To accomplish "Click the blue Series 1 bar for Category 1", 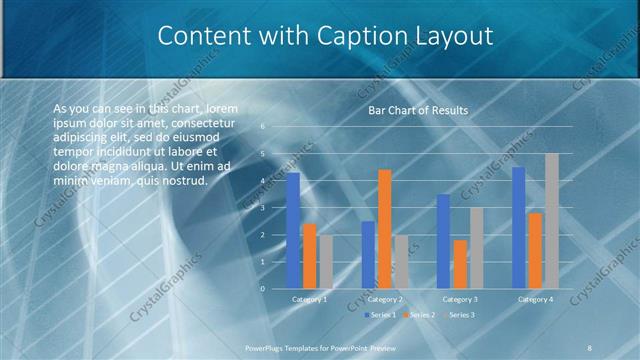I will pos(293,230).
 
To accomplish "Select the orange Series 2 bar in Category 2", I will pos(384,229).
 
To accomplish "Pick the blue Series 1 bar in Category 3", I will pos(443,241).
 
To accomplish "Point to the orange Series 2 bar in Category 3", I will pos(460,264).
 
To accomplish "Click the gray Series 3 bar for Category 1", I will pos(326,261).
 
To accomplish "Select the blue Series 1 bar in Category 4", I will pos(518,227).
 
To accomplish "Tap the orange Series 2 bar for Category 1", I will pos(309,255).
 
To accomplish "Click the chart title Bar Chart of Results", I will pos(418,110).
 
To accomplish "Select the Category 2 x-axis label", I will pos(384,299).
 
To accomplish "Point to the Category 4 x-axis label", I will pos(535,299).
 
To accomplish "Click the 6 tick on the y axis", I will pos(262,127).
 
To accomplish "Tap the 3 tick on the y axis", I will pos(262,208).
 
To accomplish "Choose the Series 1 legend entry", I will pos(382,315).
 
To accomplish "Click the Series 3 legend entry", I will pos(460,315).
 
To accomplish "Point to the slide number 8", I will pos(589,347).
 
